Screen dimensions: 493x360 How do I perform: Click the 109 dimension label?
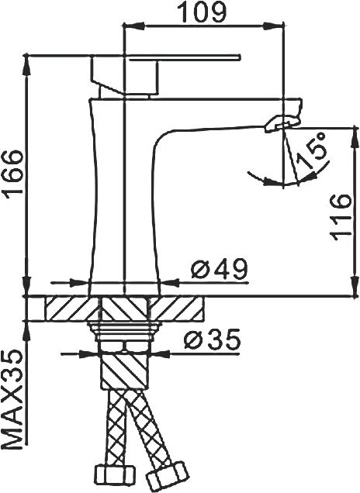pyautogui.click(x=201, y=12)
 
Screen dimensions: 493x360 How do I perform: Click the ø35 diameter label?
pyautogui.click(x=212, y=340)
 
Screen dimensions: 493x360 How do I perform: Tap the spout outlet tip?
pyautogui.click(x=283, y=121)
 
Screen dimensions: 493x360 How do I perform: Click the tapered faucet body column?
pyautogui.click(x=124, y=194)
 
